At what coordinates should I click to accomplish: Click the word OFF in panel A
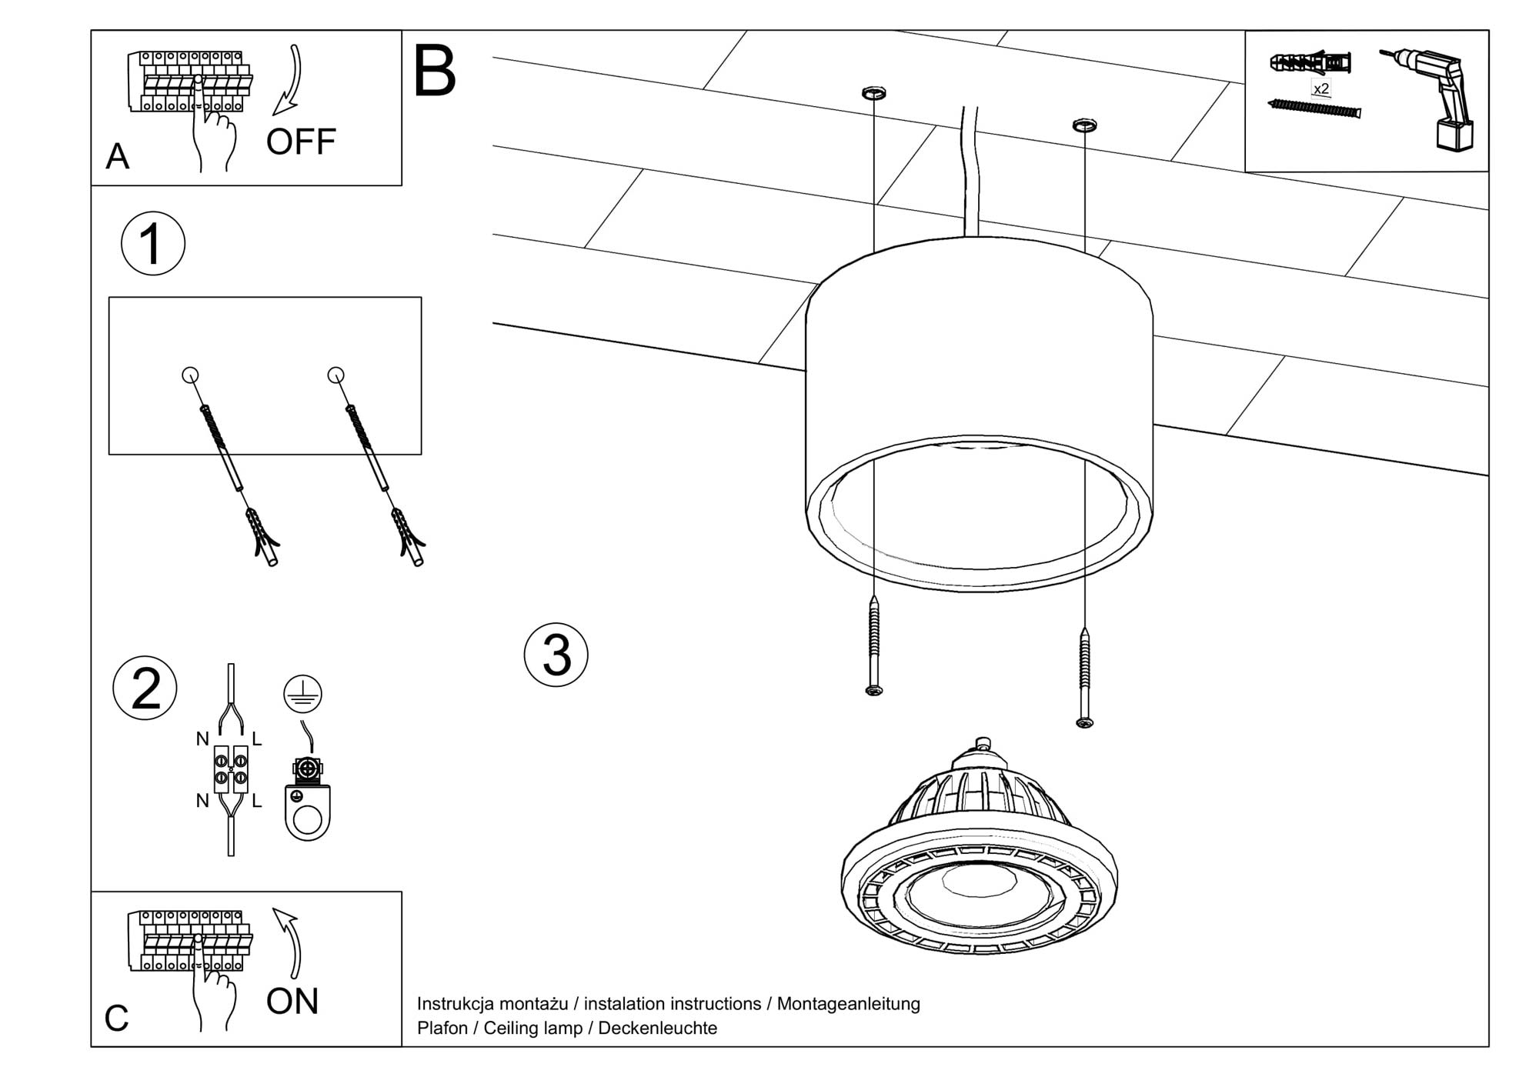point(301,142)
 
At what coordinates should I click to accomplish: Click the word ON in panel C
point(292,1002)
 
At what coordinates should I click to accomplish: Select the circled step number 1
point(153,244)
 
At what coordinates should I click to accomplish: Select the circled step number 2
point(145,688)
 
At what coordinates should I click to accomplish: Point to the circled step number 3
point(556,655)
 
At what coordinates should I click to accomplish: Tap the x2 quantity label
point(1321,89)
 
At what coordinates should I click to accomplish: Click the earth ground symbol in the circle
point(302,693)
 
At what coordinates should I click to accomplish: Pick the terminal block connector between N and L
point(231,769)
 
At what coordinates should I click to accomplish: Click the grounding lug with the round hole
point(308,812)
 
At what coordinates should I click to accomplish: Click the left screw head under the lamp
point(874,690)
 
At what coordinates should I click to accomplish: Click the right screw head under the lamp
point(1084,722)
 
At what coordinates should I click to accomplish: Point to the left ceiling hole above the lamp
point(873,94)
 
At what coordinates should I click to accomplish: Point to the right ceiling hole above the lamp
point(1084,124)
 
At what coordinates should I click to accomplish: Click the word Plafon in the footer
point(442,1029)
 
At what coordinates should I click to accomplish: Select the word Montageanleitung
point(848,1004)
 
